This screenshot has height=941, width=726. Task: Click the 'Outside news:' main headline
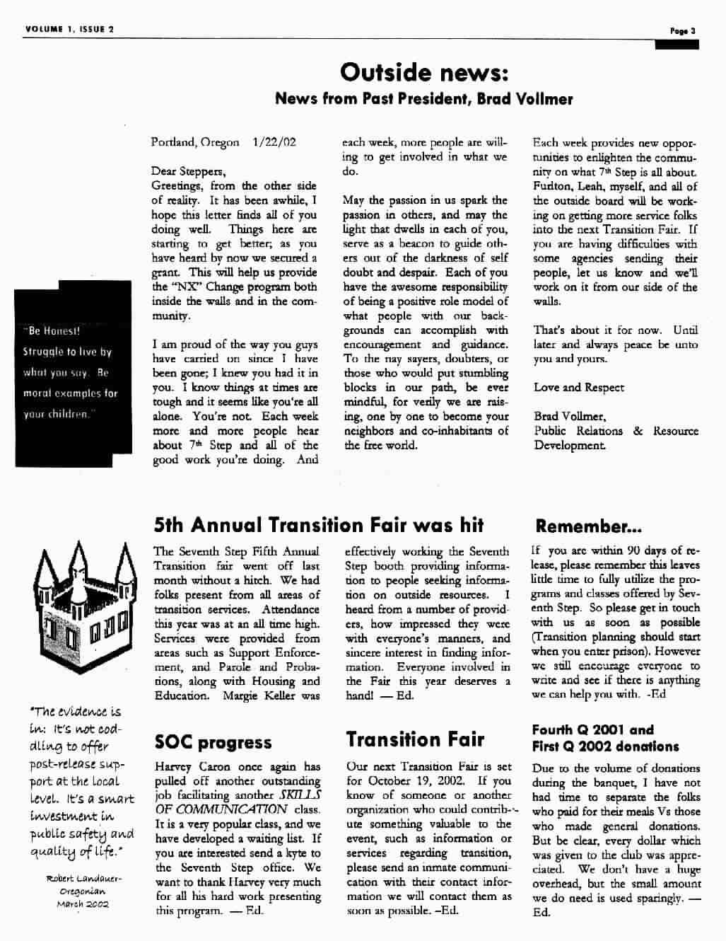[424, 71]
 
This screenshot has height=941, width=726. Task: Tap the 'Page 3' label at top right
[684, 30]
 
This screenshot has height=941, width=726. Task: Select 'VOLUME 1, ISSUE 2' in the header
[70, 29]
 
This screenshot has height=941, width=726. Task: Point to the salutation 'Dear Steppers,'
[189, 171]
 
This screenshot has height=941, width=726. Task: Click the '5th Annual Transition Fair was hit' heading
[319, 525]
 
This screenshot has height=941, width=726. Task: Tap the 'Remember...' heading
[588, 526]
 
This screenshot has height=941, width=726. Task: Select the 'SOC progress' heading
[213, 742]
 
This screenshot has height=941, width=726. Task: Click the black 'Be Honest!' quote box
[74, 372]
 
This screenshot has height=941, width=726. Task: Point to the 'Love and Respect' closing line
[579, 388]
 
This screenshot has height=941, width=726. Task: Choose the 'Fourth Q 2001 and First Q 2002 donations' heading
[605, 738]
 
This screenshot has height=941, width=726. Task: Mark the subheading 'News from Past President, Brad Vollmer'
[424, 98]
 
